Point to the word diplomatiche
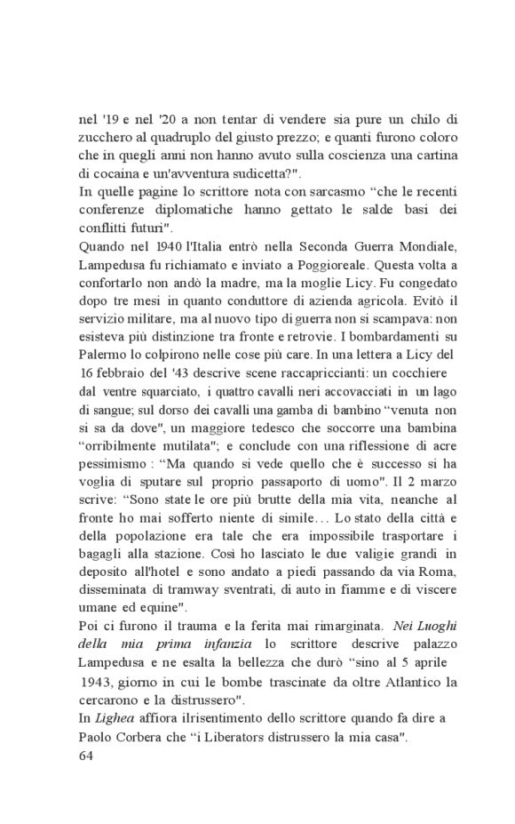[195, 212]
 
